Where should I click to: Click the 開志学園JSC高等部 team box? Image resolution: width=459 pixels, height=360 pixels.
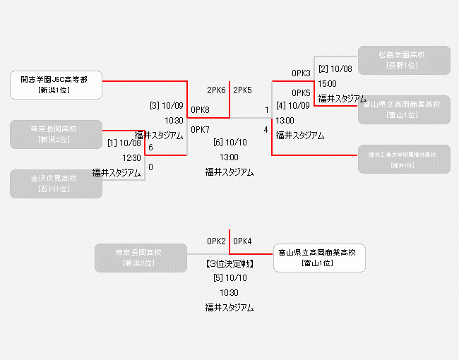click(x=56, y=85)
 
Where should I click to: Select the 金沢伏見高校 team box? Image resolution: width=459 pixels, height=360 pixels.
click(x=56, y=184)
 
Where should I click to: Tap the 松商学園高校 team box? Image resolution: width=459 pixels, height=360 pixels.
click(x=404, y=60)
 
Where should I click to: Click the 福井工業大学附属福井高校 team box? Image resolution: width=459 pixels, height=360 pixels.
click(x=404, y=159)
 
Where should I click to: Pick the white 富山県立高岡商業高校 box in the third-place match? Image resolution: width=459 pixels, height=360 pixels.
click(x=319, y=258)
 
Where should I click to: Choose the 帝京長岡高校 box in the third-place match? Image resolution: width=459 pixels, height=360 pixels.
click(x=141, y=258)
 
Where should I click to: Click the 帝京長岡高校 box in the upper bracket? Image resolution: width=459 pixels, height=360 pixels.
click(x=56, y=134)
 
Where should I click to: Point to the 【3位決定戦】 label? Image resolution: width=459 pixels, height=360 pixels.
click(x=229, y=264)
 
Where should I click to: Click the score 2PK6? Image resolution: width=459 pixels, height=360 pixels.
click(x=216, y=90)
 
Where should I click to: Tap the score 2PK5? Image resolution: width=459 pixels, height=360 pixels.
click(x=243, y=90)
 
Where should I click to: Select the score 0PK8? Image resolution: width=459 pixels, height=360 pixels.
click(x=201, y=109)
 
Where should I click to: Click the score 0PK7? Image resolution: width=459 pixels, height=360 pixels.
click(x=201, y=130)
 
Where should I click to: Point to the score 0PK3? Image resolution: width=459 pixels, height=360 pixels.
click(x=301, y=73)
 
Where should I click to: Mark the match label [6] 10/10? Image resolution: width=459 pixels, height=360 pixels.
click(x=229, y=143)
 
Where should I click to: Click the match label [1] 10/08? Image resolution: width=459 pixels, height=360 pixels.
click(x=124, y=143)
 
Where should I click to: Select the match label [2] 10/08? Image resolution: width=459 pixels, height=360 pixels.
click(x=335, y=69)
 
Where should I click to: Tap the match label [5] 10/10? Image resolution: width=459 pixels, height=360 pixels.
click(x=229, y=278)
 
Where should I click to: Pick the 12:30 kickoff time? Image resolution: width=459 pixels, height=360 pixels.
click(x=132, y=158)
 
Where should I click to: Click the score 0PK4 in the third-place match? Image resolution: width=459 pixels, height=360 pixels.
click(x=243, y=241)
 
